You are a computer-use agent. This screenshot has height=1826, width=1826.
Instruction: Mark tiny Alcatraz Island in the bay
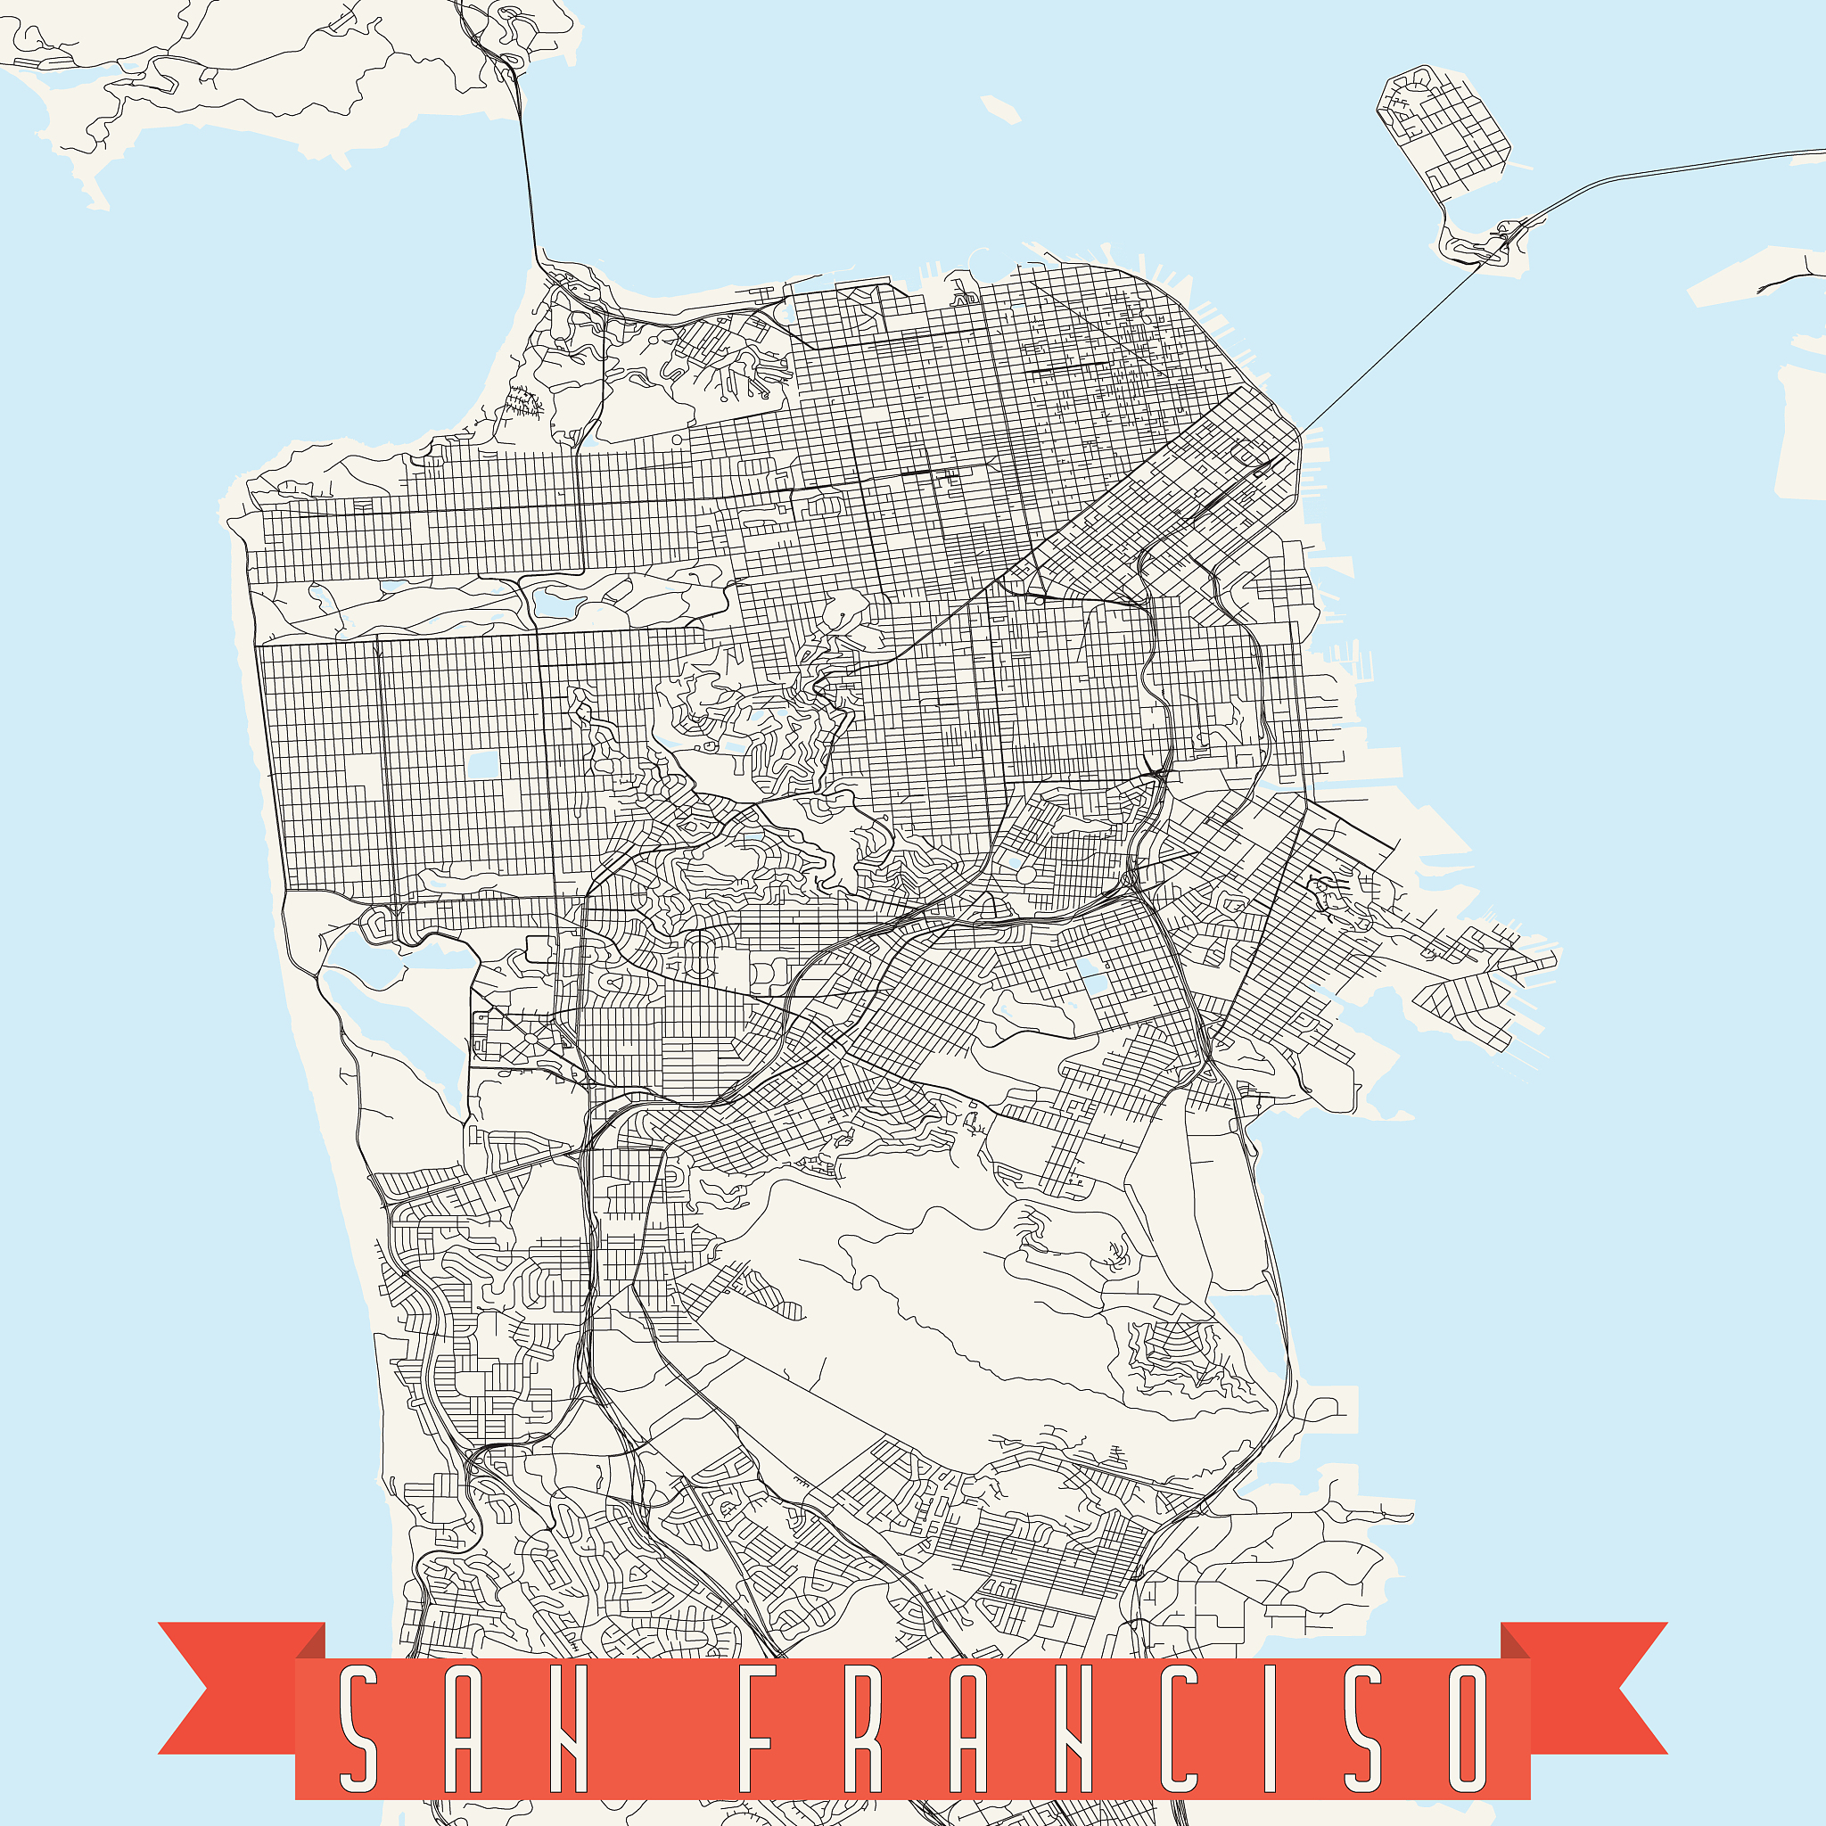pyautogui.click(x=1000, y=109)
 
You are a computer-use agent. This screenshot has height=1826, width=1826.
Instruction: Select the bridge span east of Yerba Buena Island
pyautogui.click(x=1664, y=170)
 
